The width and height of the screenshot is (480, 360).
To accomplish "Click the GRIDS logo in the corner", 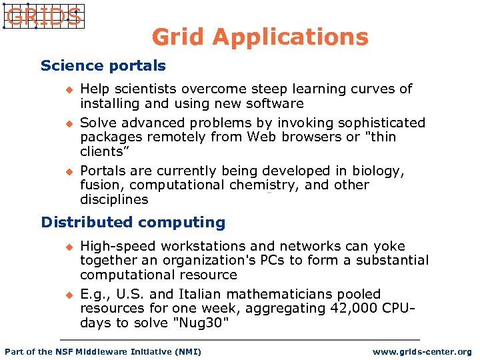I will tap(43, 16).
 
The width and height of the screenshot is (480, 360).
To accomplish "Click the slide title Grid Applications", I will tap(259, 37).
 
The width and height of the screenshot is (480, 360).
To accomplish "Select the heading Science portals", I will tap(103, 65).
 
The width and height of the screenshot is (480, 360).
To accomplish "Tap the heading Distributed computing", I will tap(133, 222).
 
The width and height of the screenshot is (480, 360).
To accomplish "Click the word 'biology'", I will tap(377, 171).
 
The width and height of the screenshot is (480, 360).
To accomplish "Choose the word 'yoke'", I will tap(390, 246).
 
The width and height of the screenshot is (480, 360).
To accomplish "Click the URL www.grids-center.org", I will tap(421, 351).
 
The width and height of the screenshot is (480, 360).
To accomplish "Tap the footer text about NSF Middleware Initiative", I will tap(103, 351).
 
